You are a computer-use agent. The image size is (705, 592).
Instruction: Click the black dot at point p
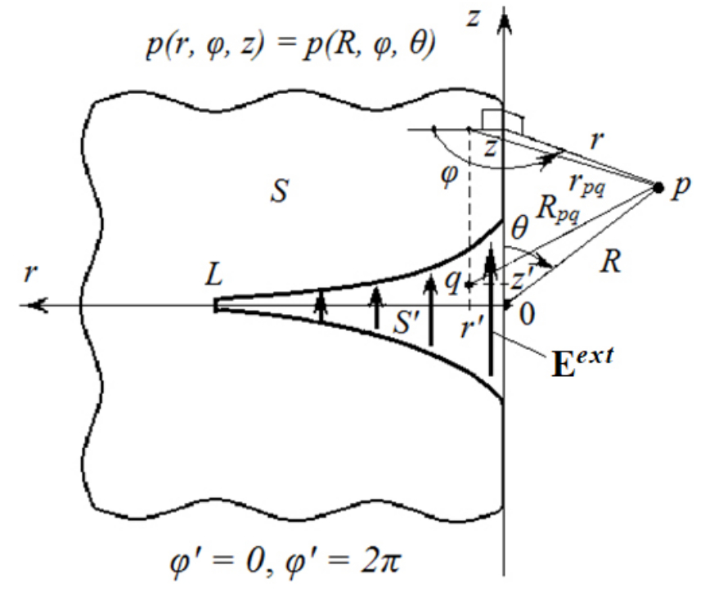coord(658,187)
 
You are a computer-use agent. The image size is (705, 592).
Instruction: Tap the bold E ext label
coord(582,362)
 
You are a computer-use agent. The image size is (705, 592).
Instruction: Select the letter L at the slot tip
coord(213,274)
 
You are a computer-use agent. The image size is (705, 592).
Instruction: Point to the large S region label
coord(279,191)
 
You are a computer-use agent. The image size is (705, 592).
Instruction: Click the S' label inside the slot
coord(407,322)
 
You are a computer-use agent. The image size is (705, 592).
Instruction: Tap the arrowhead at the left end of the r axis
coord(35,305)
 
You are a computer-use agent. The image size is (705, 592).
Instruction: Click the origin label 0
coord(527,314)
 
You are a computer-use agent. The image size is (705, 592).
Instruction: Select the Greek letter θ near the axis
coord(519,228)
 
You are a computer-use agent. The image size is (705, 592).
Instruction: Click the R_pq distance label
coord(557,209)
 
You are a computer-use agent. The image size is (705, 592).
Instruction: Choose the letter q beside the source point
coord(452,282)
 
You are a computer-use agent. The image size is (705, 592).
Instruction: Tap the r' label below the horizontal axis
coord(472,327)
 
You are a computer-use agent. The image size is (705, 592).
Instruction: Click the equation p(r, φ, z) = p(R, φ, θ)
coord(291,44)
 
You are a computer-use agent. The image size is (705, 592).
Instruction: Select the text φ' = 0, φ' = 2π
coord(285,561)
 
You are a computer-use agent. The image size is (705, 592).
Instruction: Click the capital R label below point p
coord(611,261)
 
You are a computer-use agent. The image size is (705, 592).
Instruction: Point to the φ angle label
coord(449,175)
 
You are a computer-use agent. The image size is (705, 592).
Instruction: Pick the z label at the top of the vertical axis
coord(473,19)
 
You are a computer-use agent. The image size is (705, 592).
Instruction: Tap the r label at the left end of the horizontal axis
coord(30,273)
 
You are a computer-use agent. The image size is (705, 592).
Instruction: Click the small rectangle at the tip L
coord(217,305)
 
